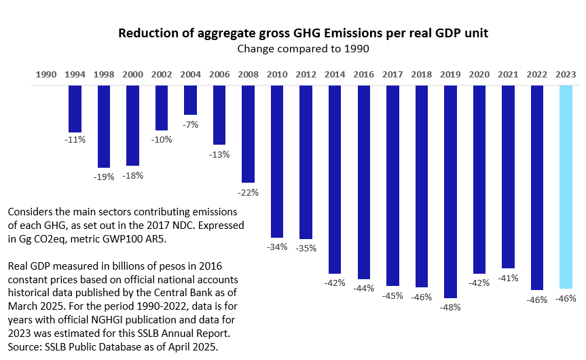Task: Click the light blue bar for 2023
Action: tap(565, 187)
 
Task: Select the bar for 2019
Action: tap(450, 192)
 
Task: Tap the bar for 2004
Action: tap(190, 100)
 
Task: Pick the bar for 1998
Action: tap(104, 126)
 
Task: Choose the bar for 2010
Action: tap(277, 161)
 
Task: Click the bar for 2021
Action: tap(508, 177)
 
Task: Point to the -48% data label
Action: tap(450, 307)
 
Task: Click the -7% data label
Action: tap(191, 124)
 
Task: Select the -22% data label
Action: tap(249, 192)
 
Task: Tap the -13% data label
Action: tap(220, 154)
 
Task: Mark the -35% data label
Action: tap(306, 248)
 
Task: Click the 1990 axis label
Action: tap(45, 74)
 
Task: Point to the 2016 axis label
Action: tap(363, 74)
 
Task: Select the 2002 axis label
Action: tap(162, 74)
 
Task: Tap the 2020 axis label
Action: tap(479, 74)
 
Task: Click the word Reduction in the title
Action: tap(145, 33)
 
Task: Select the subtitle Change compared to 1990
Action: tap(292, 49)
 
